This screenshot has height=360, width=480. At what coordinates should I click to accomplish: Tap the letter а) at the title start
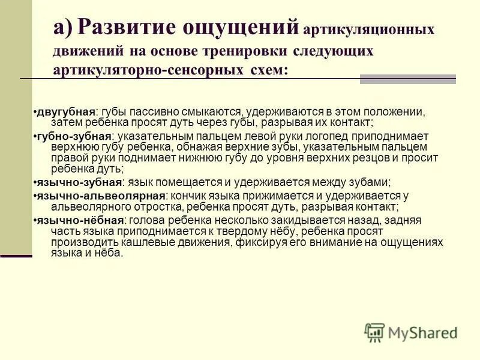tap(62, 28)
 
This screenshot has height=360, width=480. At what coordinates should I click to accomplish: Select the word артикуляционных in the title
tap(368, 29)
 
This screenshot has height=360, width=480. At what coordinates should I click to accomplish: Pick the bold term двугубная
tap(66, 112)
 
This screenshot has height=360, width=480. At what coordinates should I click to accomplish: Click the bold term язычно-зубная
tap(79, 182)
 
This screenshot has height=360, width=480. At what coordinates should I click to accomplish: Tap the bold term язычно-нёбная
tap(80, 220)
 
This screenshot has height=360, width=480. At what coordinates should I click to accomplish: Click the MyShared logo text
tap(422, 332)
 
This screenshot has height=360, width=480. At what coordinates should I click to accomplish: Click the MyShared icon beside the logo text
tap(374, 332)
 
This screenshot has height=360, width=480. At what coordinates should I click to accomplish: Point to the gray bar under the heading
tap(407, 79)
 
